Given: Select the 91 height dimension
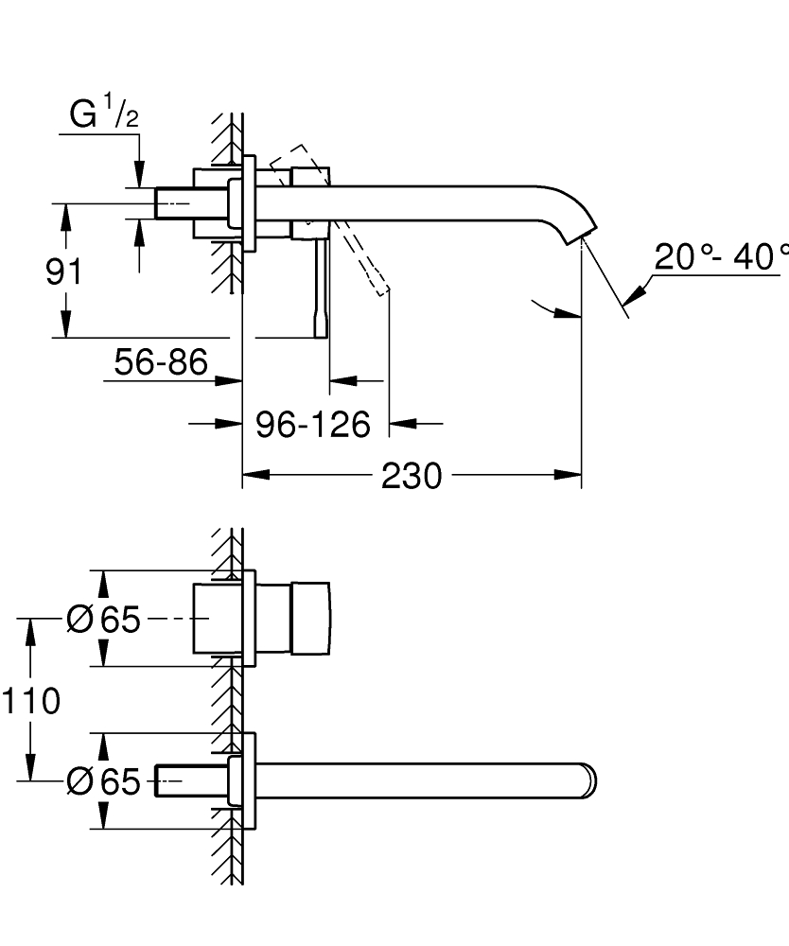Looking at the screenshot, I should (x=63, y=272).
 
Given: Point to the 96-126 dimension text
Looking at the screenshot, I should (x=313, y=425).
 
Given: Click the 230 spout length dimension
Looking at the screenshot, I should (x=412, y=476).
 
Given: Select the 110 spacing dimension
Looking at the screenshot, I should (x=30, y=701).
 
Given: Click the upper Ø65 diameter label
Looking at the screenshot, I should (x=103, y=620).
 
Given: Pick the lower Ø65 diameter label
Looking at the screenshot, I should (x=103, y=781).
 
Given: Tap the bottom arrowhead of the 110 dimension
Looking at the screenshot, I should (x=31, y=770).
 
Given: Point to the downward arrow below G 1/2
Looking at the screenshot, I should (x=139, y=174).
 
